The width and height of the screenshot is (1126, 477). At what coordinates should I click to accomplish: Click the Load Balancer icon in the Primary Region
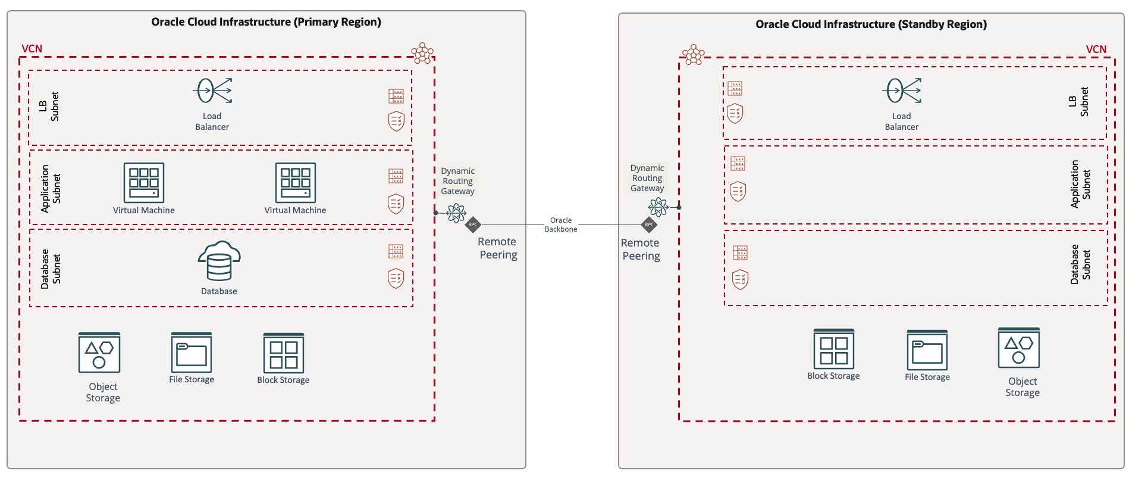[212, 91]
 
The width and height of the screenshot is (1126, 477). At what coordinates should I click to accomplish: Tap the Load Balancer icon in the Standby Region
[901, 91]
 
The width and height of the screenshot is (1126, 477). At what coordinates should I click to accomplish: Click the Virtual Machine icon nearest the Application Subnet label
[144, 183]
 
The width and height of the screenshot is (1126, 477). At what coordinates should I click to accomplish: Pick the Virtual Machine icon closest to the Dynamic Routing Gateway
[296, 183]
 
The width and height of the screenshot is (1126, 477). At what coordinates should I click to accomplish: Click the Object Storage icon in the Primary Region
[99, 353]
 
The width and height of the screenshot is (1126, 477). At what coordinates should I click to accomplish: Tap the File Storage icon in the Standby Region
[927, 350]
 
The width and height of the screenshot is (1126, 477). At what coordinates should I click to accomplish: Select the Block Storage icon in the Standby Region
[834, 349]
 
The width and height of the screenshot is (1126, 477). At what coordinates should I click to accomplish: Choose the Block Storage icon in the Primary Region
[284, 353]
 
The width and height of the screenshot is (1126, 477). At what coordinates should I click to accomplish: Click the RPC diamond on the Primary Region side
[473, 225]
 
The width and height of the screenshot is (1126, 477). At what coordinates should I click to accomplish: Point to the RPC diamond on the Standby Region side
[649, 225]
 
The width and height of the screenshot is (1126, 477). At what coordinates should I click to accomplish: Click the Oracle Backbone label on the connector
[561, 225]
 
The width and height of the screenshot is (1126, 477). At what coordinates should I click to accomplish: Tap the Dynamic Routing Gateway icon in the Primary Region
[456, 213]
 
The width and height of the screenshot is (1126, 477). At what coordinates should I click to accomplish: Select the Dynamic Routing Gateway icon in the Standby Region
[658, 207]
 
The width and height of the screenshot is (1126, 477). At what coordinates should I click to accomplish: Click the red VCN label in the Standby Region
[1096, 49]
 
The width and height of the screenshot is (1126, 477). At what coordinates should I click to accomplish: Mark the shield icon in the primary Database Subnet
[396, 278]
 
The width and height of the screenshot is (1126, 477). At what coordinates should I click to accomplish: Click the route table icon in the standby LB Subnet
[735, 89]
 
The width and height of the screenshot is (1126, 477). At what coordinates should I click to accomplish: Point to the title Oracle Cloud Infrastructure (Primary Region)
[266, 22]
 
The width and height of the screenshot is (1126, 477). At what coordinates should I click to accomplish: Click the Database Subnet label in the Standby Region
[1080, 264]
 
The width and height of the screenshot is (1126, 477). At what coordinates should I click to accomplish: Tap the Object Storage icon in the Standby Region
[1019, 348]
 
